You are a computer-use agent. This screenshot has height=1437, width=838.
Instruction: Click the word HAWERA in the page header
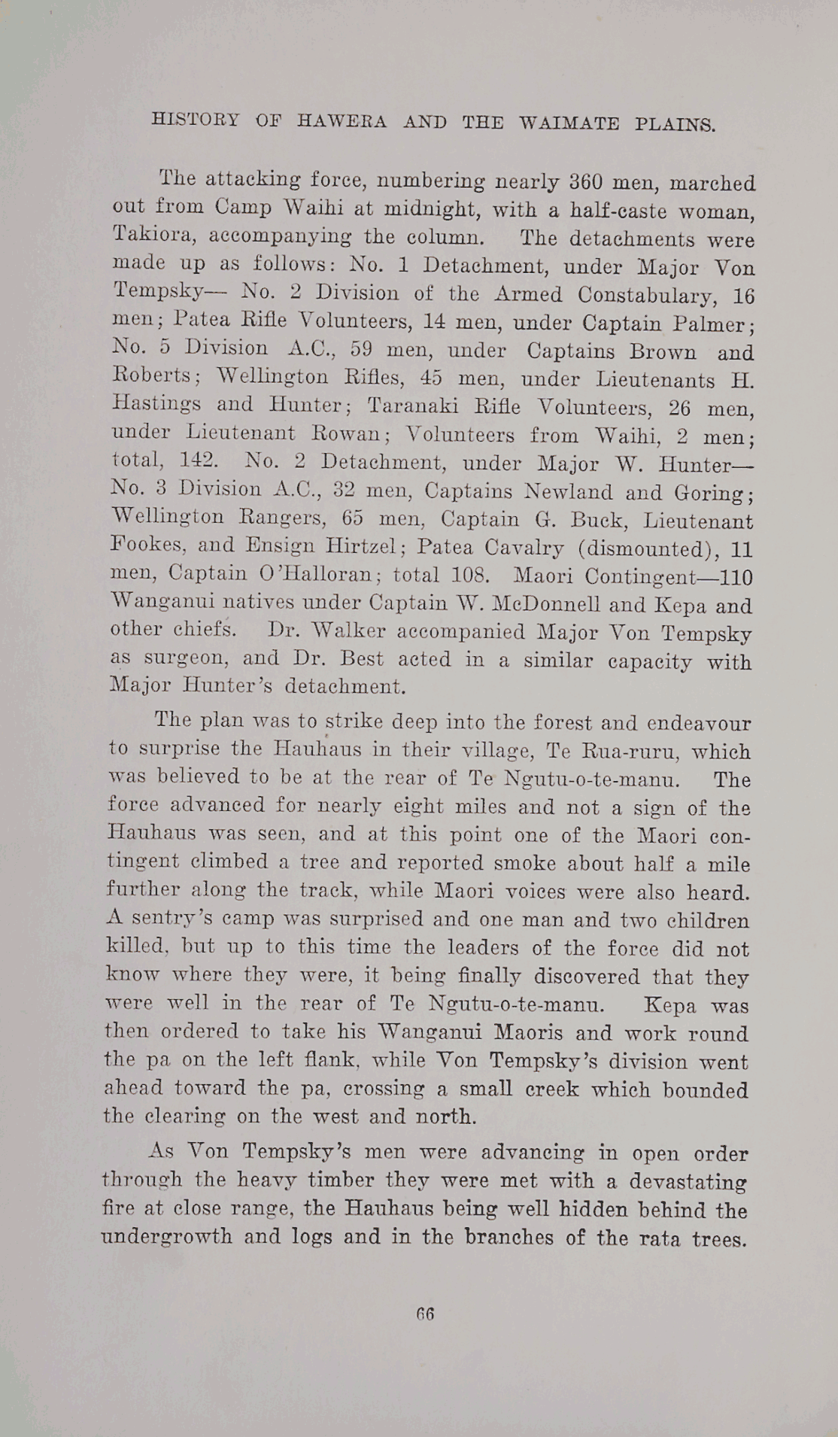coord(342,121)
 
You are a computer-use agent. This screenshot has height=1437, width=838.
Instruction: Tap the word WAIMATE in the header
coord(569,123)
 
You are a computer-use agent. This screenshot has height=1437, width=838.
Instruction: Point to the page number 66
coord(425,1314)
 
